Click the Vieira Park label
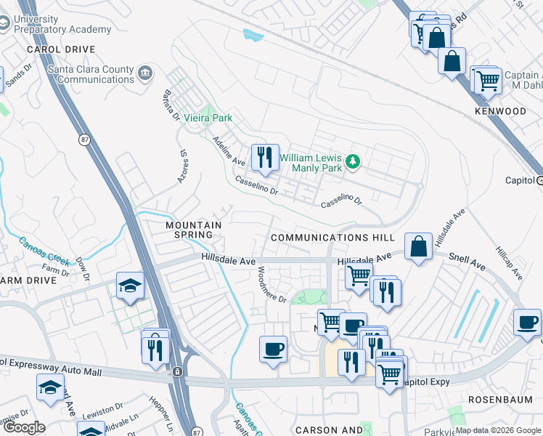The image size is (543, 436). click(208, 117)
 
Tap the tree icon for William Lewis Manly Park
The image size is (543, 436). click(353, 161)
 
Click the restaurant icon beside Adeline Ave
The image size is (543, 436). click(265, 157)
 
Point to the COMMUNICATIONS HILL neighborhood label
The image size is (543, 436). click(332, 238)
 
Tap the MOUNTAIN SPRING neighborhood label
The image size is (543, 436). click(194, 230)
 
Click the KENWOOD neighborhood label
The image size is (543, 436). click(500, 111)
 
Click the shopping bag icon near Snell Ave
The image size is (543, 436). click(419, 247)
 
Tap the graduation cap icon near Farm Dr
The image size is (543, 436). click(130, 286)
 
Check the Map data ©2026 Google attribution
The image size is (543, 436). click(498, 430)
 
